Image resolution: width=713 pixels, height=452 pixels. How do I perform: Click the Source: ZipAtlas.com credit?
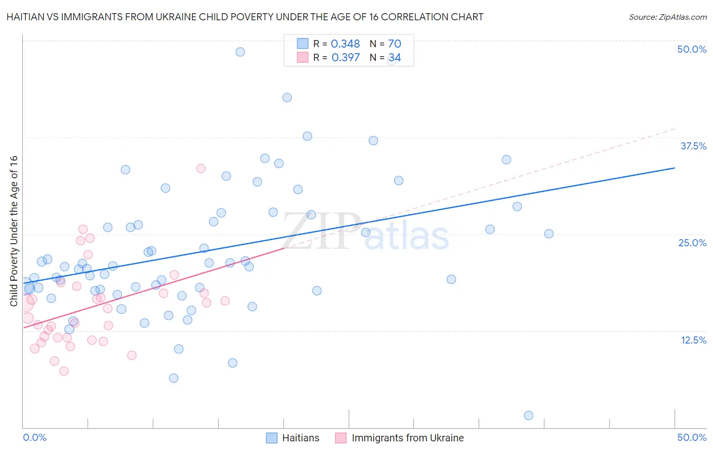667,17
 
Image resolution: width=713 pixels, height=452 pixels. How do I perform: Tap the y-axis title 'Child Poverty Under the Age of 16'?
14,231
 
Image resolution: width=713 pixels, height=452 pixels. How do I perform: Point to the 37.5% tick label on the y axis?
693,146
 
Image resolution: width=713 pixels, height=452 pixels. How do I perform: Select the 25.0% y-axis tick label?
692,243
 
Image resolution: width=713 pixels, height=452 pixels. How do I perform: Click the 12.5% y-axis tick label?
693,340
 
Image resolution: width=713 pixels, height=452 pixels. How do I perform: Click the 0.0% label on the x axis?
35,437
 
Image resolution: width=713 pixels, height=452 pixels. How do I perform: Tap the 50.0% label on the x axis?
692,437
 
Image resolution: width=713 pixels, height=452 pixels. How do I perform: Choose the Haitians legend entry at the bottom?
293,438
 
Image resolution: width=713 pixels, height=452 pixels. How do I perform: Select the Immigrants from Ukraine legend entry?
400,438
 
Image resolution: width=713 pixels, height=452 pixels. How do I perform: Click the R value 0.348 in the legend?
345,44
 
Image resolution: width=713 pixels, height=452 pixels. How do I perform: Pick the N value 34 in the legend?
395,58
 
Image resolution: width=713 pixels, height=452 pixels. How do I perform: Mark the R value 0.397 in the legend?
345,58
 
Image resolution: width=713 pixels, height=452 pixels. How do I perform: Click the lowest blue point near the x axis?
528,416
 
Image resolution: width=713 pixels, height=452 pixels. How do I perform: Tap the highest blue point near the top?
240,52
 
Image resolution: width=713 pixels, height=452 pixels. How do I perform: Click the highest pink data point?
201,168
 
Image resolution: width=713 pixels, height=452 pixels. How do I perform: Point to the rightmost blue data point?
549,234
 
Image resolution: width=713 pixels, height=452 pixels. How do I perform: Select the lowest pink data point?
64,371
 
